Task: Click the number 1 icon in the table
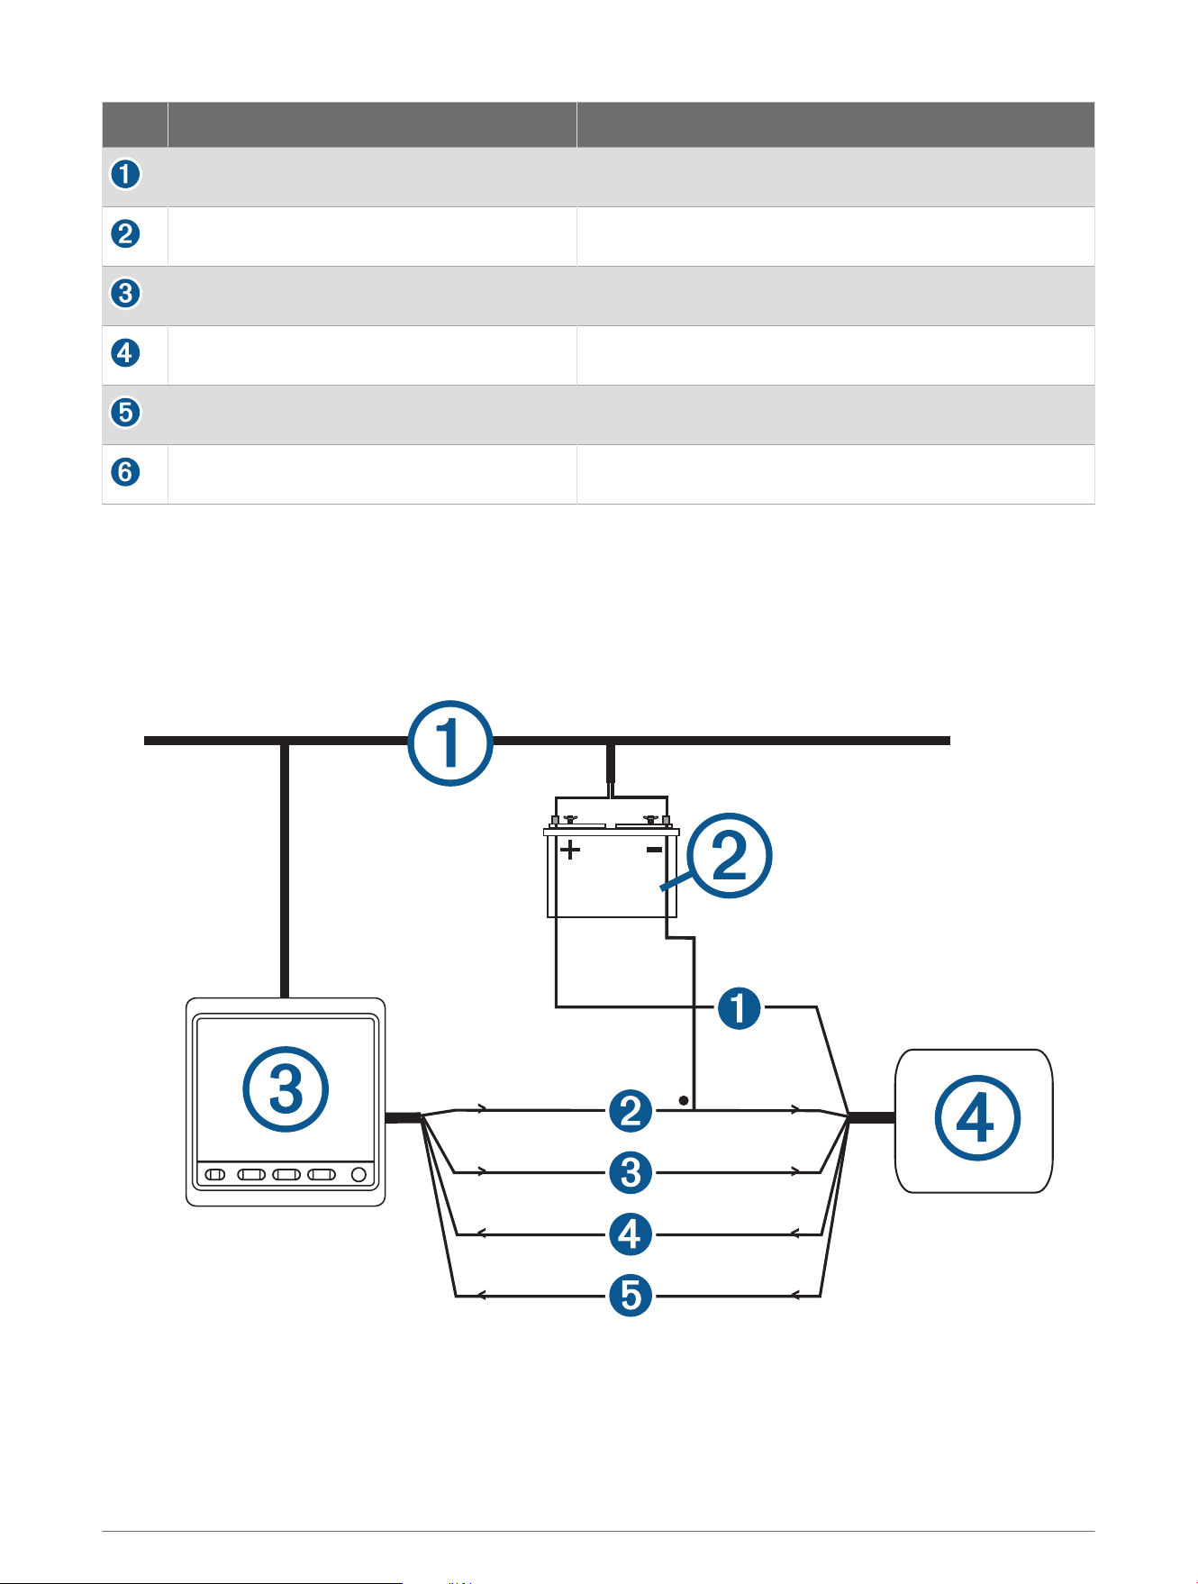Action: (x=126, y=174)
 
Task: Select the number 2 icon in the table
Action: (x=126, y=233)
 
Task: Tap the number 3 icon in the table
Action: (x=126, y=293)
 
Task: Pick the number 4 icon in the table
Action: (x=126, y=352)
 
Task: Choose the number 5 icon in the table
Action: (x=126, y=412)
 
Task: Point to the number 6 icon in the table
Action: (x=126, y=471)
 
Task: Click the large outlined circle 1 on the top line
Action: (x=450, y=743)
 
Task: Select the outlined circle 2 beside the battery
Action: (x=729, y=855)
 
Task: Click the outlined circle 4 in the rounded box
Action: (x=977, y=1118)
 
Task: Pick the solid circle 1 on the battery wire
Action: (x=740, y=1007)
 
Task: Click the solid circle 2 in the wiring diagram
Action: (x=631, y=1111)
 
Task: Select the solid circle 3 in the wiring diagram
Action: (x=631, y=1172)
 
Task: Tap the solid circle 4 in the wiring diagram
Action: (x=631, y=1234)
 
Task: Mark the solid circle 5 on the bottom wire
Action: (x=631, y=1295)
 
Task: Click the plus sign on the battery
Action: (x=570, y=850)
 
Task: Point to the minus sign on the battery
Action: (x=655, y=849)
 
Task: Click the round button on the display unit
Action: (x=358, y=1174)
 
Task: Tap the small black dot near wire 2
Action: (x=684, y=1100)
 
